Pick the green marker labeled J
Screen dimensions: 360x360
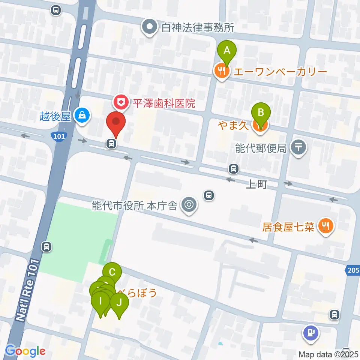point(119,302)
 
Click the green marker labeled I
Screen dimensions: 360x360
point(100,301)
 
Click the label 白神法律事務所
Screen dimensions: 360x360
point(198,27)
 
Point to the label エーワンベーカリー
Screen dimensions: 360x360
point(280,71)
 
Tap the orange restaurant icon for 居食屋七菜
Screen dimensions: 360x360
point(324,226)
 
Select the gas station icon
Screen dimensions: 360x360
point(311,332)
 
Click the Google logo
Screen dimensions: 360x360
point(25,351)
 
